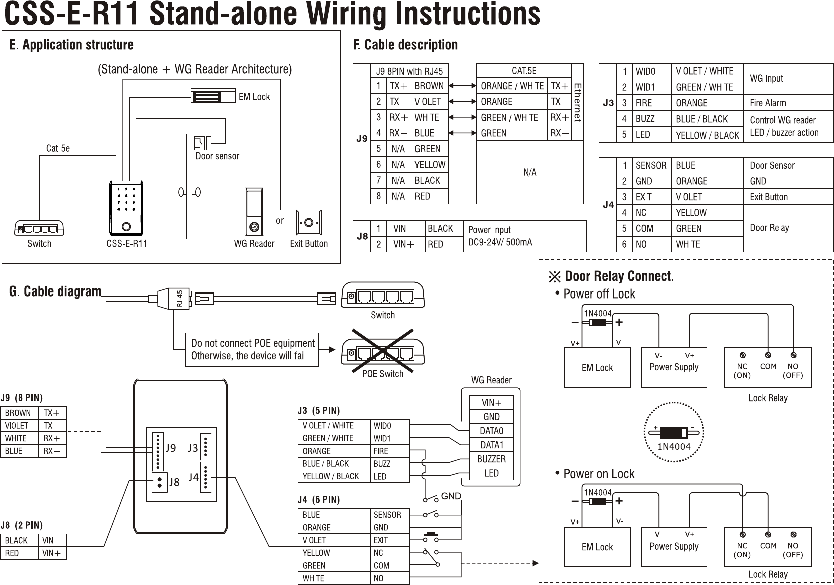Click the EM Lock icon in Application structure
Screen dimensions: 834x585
pyautogui.click(x=213, y=96)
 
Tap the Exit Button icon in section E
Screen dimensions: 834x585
pyautogui.click(x=309, y=222)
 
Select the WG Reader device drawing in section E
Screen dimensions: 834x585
pyautogui.click(x=254, y=211)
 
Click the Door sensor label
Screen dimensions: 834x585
pyautogui.click(x=217, y=156)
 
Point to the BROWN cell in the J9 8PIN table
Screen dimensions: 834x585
pyautogui.click(x=429, y=86)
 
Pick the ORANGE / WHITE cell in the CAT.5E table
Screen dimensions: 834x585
pyautogui.click(x=512, y=86)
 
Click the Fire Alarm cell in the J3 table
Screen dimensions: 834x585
pyautogui.click(x=788, y=103)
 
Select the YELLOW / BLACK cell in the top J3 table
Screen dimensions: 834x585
pyautogui.click(x=707, y=135)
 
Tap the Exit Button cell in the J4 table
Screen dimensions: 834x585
pyautogui.click(x=788, y=197)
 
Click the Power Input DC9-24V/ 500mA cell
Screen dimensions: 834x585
pyautogui.click(x=525, y=236)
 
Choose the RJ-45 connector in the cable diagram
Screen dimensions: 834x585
pyautogui.click(x=174, y=298)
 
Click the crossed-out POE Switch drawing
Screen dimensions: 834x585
pyautogui.click(x=383, y=351)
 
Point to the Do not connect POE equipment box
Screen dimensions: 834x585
pyautogui.click(x=252, y=349)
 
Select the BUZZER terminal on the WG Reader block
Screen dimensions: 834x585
pyautogui.click(x=491, y=459)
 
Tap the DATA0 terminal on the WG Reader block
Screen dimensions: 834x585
pyautogui.click(x=491, y=431)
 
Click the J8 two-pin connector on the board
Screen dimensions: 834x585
pyautogui.click(x=159, y=482)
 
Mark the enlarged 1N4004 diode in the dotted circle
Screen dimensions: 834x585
pyautogui.click(x=674, y=432)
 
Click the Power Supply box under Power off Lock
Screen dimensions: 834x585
pyautogui.click(x=674, y=368)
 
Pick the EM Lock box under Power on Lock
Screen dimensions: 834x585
pyautogui.click(x=597, y=547)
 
